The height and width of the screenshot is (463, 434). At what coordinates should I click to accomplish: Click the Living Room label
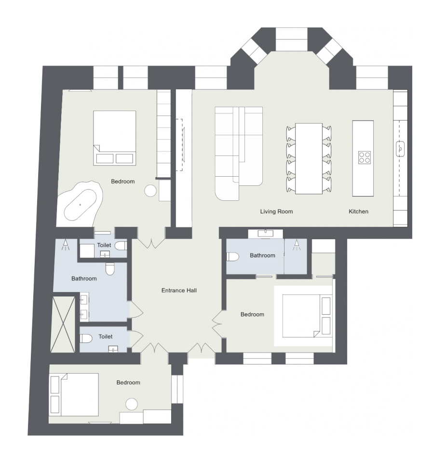276,211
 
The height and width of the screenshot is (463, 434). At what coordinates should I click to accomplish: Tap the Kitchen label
358,211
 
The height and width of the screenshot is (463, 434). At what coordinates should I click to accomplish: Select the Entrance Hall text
179,290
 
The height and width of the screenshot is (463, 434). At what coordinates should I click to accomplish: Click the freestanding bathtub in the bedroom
81,204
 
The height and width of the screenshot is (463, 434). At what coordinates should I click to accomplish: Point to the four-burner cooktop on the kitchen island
365,157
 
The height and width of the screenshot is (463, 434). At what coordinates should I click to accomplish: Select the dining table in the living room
309,158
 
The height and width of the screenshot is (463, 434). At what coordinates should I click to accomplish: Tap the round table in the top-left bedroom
150,191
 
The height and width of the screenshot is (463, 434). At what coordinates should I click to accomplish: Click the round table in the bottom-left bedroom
132,404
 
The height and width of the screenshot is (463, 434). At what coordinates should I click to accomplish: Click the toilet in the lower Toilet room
86,338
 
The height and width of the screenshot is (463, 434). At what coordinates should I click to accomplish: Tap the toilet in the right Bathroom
232,256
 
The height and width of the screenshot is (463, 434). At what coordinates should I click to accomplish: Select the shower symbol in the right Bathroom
297,245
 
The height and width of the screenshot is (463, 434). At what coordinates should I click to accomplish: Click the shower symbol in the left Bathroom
66,245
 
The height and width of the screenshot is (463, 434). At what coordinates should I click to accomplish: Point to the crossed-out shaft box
63,324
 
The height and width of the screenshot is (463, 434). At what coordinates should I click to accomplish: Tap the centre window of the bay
292,39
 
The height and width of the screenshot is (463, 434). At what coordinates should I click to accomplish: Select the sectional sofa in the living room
239,154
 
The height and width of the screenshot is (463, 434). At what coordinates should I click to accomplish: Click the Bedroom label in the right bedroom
252,314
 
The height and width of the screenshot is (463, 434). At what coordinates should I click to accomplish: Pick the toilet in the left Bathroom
109,269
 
